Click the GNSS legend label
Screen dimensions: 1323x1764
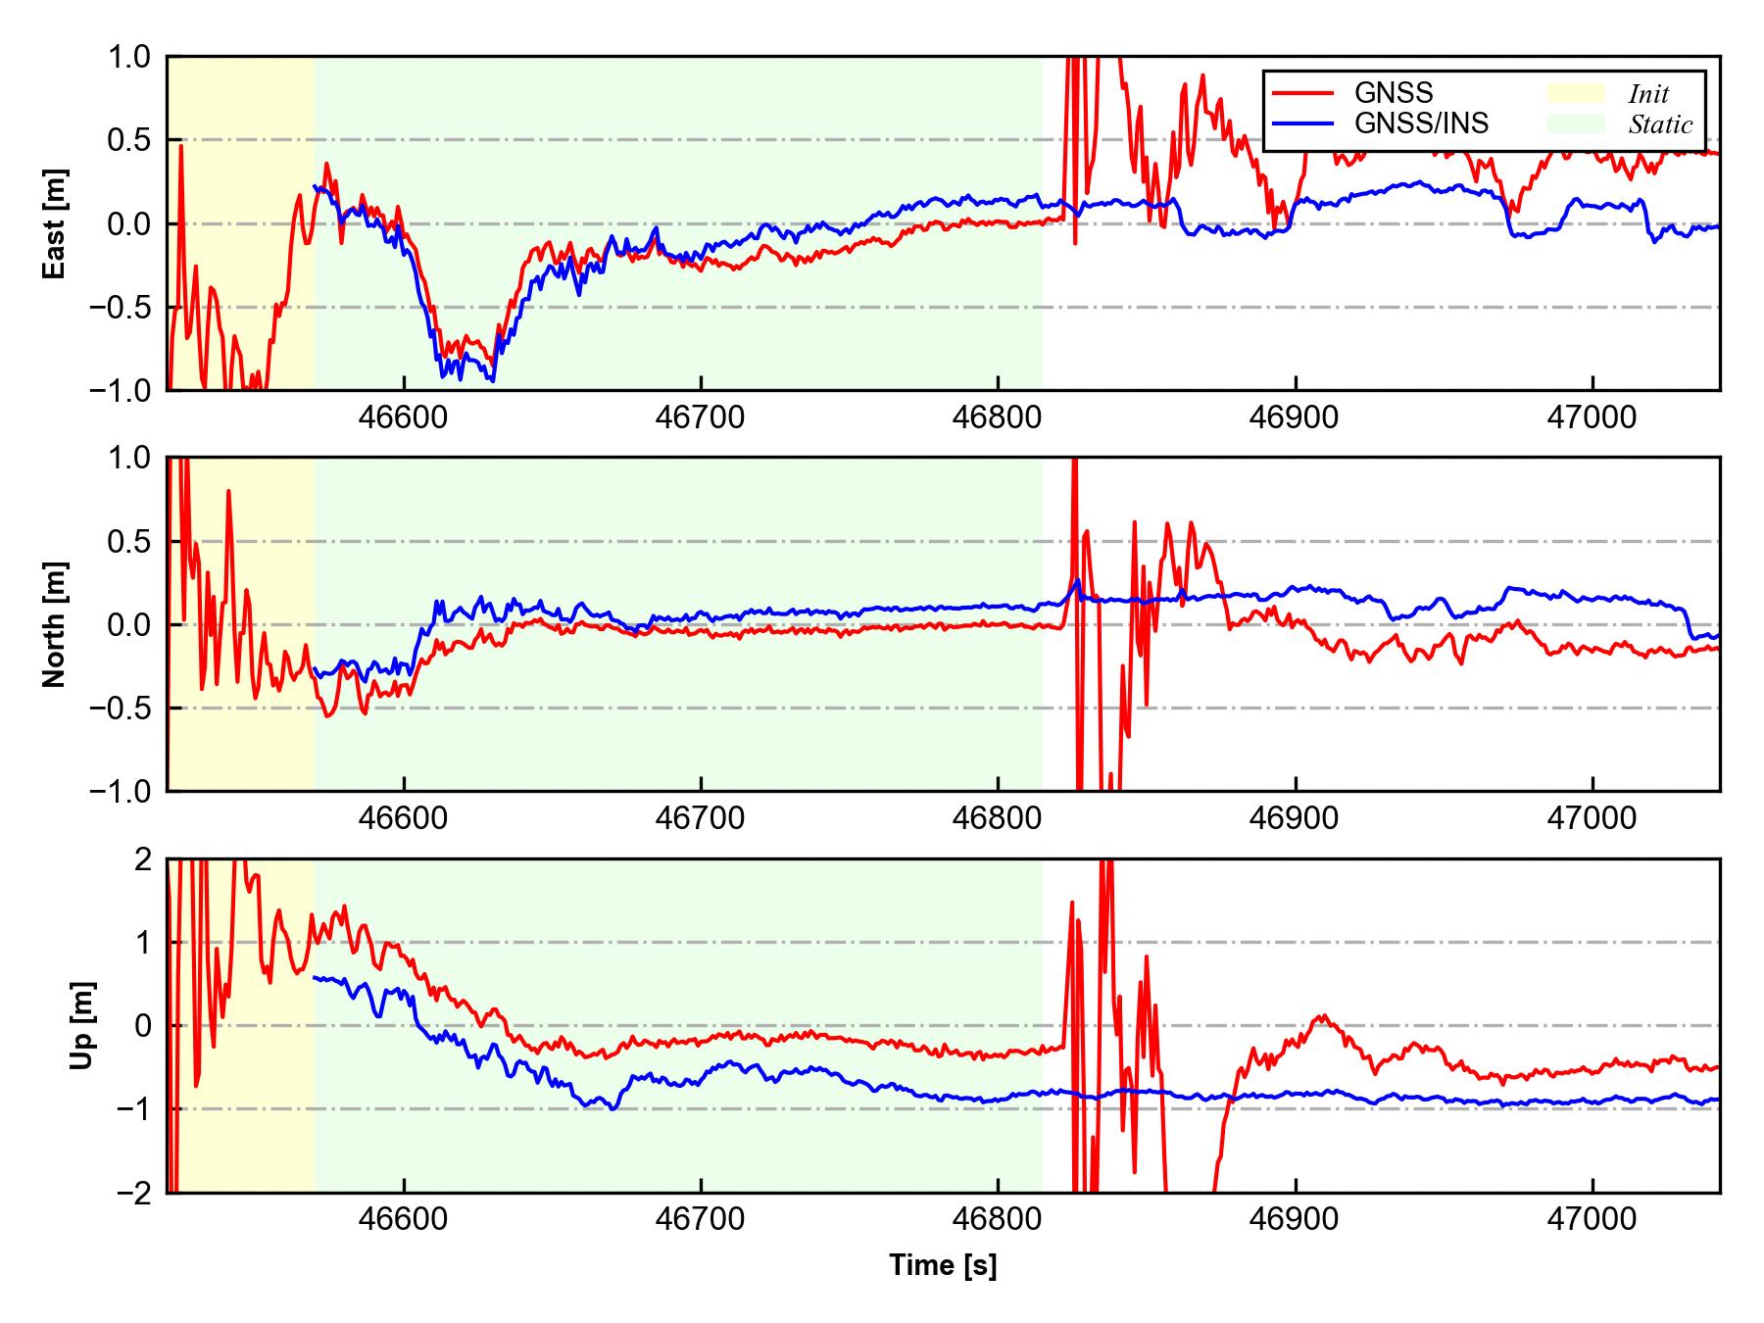point(1394,93)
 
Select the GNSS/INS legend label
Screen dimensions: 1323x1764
point(1421,123)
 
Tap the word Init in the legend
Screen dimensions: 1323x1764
point(1648,94)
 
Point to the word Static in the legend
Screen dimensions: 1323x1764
point(1660,124)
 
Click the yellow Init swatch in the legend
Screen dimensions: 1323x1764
point(1576,93)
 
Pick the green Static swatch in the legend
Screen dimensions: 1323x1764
point(1576,123)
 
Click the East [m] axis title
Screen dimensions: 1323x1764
point(56,223)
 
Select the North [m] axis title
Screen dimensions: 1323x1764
point(56,624)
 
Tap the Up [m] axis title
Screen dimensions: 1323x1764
point(83,1025)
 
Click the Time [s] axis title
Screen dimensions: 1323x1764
point(943,1265)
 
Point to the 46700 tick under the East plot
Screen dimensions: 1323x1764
point(701,417)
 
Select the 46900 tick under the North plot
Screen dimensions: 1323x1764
point(1295,818)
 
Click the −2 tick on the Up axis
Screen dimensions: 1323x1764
point(133,1193)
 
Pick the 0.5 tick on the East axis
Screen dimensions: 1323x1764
point(131,140)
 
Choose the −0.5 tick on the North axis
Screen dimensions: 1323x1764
point(122,708)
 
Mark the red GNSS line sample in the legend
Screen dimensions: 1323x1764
point(1302,93)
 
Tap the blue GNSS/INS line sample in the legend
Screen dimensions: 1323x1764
point(1302,123)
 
